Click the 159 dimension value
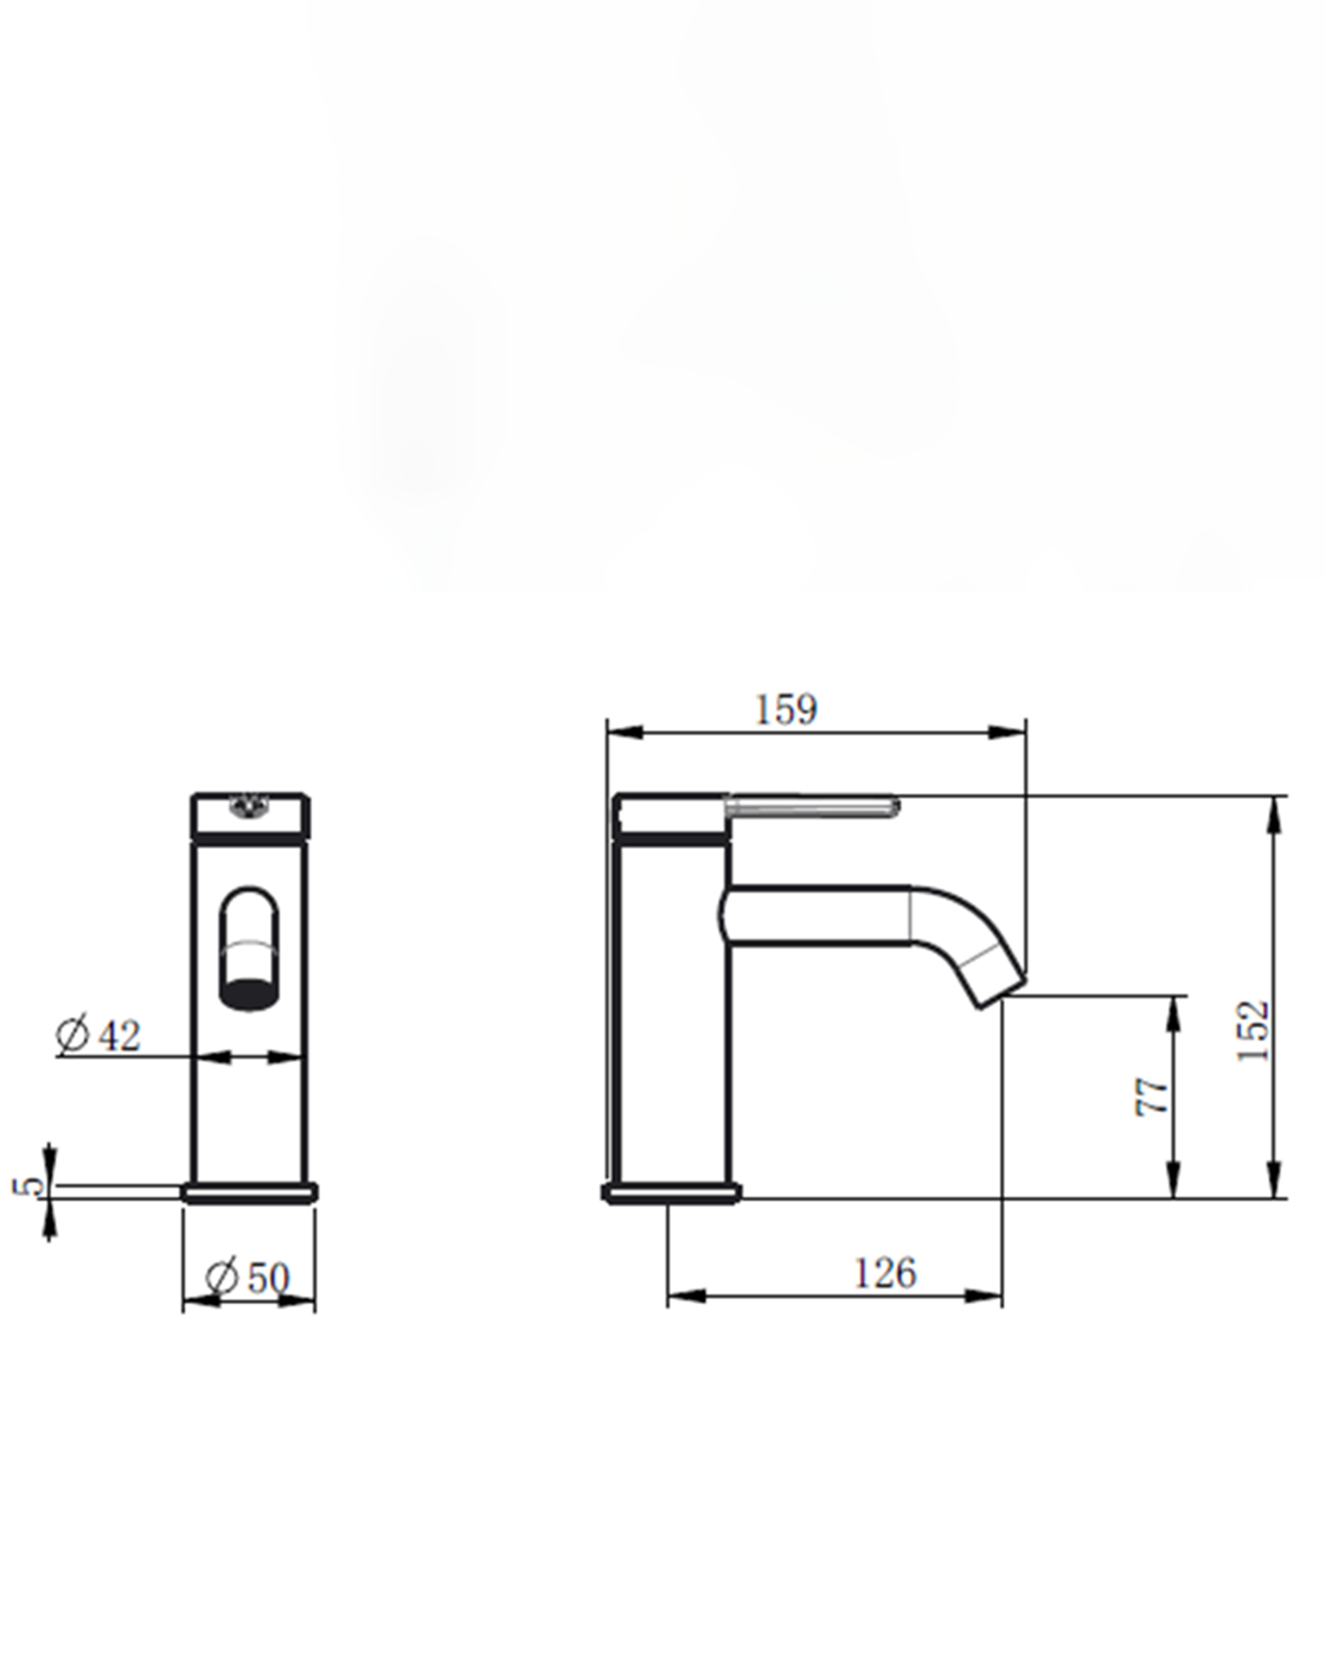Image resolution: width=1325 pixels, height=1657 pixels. [786, 709]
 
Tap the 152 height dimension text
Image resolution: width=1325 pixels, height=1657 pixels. [1253, 1031]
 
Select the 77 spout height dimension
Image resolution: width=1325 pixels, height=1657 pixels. [1154, 1096]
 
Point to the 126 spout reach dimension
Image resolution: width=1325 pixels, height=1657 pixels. [885, 1273]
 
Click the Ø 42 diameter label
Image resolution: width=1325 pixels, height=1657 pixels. [99, 1035]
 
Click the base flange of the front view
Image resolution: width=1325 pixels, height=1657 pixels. [249, 1193]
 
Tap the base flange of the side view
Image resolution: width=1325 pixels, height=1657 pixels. [671, 1193]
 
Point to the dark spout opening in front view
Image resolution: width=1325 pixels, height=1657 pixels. [248, 993]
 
